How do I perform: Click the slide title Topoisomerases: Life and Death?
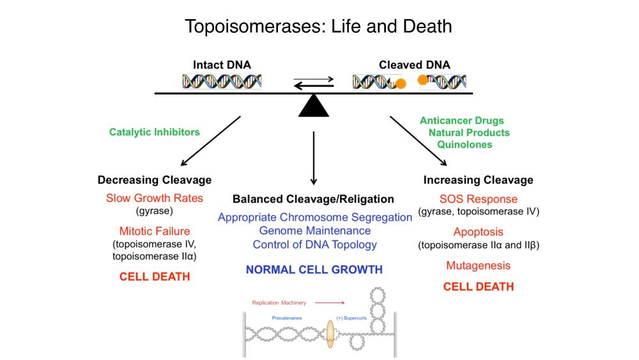pyautogui.click(x=318, y=26)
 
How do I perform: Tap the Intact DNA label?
pyautogui.click(x=222, y=65)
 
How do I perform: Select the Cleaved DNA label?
pyautogui.click(x=414, y=65)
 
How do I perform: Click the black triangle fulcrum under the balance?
pyautogui.click(x=313, y=106)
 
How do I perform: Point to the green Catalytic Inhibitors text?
pyautogui.click(x=154, y=132)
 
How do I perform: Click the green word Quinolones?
pyautogui.click(x=465, y=145)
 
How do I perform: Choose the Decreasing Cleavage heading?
pyautogui.click(x=155, y=180)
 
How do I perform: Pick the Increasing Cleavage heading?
pyautogui.click(x=478, y=180)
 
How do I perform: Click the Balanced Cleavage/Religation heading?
pyautogui.click(x=313, y=199)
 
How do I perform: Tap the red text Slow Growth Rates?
pyautogui.click(x=155, y=198)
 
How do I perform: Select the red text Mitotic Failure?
pyautogui.click(x=155, y=231)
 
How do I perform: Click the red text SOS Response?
pyautogui.click(x=478, y=199)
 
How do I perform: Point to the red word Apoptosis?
pyautogui.click(x=478, y=232)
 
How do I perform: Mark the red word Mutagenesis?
pyautogui.click(x=478, y=265)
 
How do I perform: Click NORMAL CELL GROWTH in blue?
pyautogui.click(x=314, y=269)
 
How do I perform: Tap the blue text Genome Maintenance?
pyautogui.click(x=314, y=230)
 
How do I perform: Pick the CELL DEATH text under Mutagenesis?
pyautogui.click(x=478, y=286)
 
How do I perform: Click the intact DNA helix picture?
pyautogui.click(x=222, y=81)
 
